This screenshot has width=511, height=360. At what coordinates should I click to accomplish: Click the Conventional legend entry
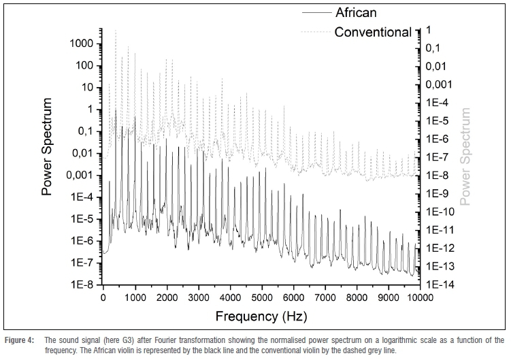pyautogui.click(x=373, y=31)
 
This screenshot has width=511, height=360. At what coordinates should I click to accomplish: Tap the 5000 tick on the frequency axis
pyautogui.click(x=262, y=297)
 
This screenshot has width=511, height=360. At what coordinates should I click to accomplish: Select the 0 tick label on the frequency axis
pyautogui.click(x=103, y=297)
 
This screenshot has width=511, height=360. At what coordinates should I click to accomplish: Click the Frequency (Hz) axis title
pyautogui.click(x=261, y=316)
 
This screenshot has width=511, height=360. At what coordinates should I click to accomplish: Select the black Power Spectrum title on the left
pyautogui.click(x=48, y=146)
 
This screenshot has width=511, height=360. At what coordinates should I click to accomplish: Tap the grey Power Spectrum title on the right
pyautogui.click(x=465, y=157)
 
